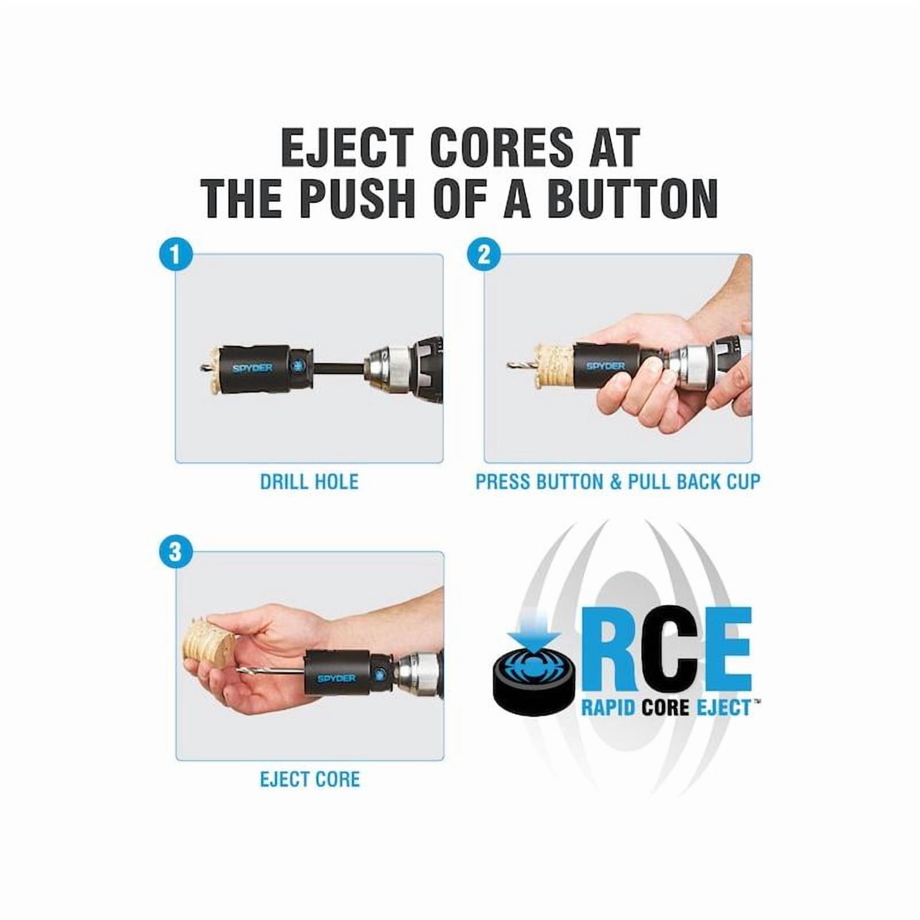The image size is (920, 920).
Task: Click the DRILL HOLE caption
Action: click(309, 482)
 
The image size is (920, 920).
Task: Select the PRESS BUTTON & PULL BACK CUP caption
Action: click(618, 482)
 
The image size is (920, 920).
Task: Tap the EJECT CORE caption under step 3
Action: click(309, 780)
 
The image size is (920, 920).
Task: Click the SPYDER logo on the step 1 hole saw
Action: click(252, 367)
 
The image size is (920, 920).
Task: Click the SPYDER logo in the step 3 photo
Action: click(336, 678)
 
